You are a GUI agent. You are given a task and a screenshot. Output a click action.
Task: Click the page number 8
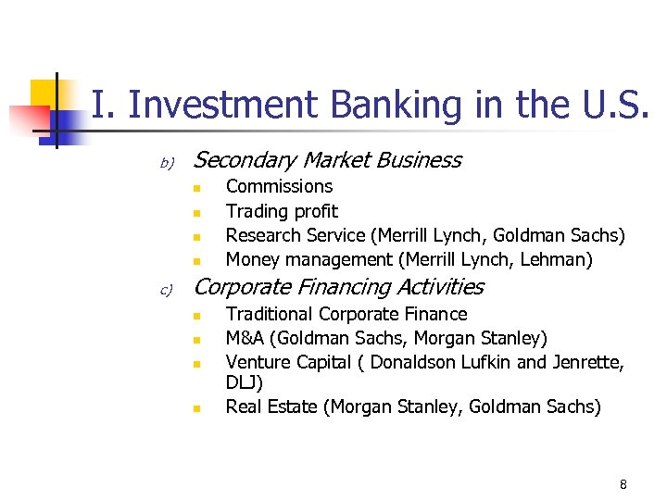pos(623,483)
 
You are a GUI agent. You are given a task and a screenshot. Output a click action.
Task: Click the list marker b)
pos(167,163)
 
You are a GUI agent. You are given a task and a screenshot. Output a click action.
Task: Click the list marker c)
pos(167,290)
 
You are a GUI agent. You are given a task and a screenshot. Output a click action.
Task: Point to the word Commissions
pos(279,186)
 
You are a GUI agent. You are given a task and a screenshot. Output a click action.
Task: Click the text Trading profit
pos(282,211)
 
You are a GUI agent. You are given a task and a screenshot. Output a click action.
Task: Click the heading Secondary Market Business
pos(327,160)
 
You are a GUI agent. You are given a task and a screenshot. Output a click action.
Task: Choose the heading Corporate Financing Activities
pos(338,287)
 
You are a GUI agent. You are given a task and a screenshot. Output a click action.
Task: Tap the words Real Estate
pos(271,406)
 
